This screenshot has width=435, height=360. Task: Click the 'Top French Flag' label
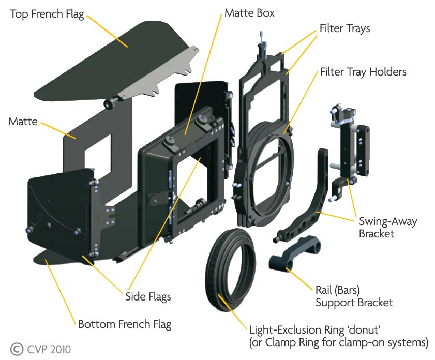[x=47, y=13]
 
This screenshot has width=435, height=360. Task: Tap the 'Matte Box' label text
[x=249, y=12]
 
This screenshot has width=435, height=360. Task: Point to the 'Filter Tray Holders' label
[x=363, y=71]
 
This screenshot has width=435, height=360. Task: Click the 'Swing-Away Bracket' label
[x=387, y=228]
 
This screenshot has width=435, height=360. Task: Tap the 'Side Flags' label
[x=148, y=297]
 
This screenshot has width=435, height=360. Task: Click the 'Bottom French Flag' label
[x=124, y=325]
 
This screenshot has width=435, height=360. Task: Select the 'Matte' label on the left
[x=23, y=122]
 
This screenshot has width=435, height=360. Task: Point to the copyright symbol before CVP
[x=17, y=349]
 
